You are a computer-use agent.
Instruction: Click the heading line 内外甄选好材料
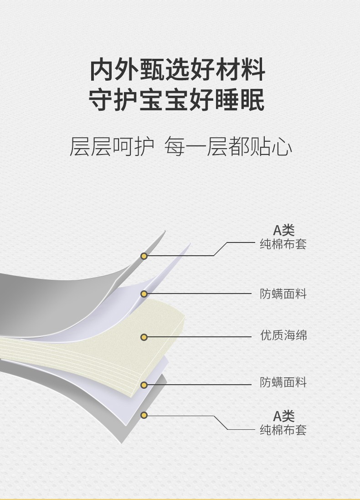click(x=177, y=70)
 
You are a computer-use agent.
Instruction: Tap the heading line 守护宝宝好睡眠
click(x=177, y=100)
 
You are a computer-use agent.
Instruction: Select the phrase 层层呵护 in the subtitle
click(x=112, y=147)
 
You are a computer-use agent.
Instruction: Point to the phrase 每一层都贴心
click(x=228, y=147)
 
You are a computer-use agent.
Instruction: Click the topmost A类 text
click(x=283, y=230)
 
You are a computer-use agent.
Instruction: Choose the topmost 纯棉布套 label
click(x=283, y=244)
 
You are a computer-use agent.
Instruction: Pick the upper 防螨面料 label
click(x=283, y=294)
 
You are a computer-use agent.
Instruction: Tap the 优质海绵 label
click(x=283, y=335)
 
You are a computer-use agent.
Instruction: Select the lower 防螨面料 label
click(x=283, y=382)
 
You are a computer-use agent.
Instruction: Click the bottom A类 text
click(x=283, y=416)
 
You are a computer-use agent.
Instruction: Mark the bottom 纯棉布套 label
click(x=283, y=430)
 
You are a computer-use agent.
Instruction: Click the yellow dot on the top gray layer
click(x=144, y=256)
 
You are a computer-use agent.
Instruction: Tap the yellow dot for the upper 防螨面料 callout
click(x=144, y=294)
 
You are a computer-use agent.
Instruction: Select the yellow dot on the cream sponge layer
click(x=144, y=337)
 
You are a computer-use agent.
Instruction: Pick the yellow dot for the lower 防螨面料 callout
click(x=144, y=385)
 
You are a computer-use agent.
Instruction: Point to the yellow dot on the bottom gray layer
click(x=144, y=415)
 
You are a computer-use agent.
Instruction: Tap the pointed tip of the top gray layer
click(x=165, y=231)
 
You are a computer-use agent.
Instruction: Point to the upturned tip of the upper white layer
click(x=190, y=244)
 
